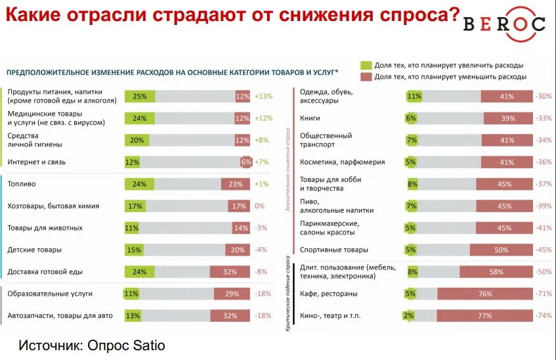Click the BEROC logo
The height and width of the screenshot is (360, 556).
(x=503, y=24)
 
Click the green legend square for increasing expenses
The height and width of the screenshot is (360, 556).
(x=366, y=65)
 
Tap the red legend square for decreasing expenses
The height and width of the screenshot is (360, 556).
(x=366, y=77)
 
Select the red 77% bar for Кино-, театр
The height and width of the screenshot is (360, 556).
(x=484, y=316)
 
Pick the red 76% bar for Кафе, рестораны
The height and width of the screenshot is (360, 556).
(x=484, y=294)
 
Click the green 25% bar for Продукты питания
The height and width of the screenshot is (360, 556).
(x=140, y=97)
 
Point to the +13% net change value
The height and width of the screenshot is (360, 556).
(x=263, y=97)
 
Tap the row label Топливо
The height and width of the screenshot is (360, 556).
(x=22, y=185)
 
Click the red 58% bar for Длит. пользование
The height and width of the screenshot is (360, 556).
(x=496, y=272)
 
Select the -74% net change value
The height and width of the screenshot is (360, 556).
(x=543, y=316)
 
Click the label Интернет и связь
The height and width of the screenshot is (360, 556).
(x=37, y=162)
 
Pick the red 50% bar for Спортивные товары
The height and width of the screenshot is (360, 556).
(x=500, y=250)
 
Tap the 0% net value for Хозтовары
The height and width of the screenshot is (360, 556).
(x=259, y=206)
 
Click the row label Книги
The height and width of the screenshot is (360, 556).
(x=310, y=118)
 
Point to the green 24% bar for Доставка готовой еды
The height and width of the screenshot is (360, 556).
(x=139, y=272)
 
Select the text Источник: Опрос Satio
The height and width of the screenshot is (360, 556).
(x=91, y=345)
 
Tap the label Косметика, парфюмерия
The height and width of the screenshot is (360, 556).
(x=342, y=162)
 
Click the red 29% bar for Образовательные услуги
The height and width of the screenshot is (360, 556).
(x=232, y=294)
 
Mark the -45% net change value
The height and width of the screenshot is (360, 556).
(x=543, y=250)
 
